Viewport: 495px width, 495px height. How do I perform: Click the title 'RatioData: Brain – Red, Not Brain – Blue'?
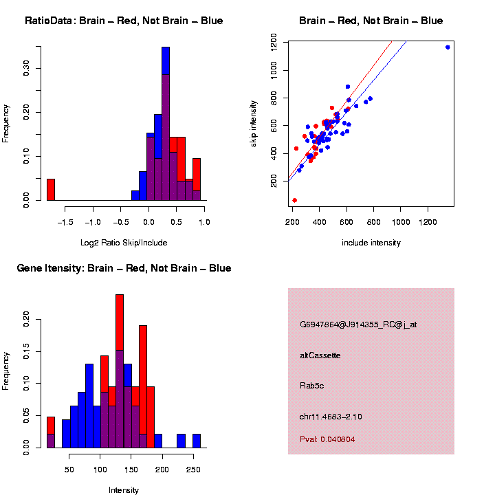click(x=124, y=21)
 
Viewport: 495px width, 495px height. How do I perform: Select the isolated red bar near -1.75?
click(x=51, y=189)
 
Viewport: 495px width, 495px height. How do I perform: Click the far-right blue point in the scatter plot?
click(x=448, y=47)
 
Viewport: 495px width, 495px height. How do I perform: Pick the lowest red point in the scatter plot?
click(x=294, y=200)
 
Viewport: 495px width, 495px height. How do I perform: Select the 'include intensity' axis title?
click(x=371, y=243)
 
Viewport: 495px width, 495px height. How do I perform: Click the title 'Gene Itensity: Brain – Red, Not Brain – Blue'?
click(x=124, y=268)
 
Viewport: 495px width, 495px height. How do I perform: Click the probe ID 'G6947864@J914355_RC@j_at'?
click(x=358, y=324)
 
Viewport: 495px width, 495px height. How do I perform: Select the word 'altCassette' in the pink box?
click(x=320, y=355)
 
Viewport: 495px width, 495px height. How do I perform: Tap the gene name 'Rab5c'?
click(x=312, y=386)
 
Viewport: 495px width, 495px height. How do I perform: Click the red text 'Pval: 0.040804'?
click(x=328, y=439)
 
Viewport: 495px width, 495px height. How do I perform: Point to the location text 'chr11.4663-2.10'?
click(x=331, y=417)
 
